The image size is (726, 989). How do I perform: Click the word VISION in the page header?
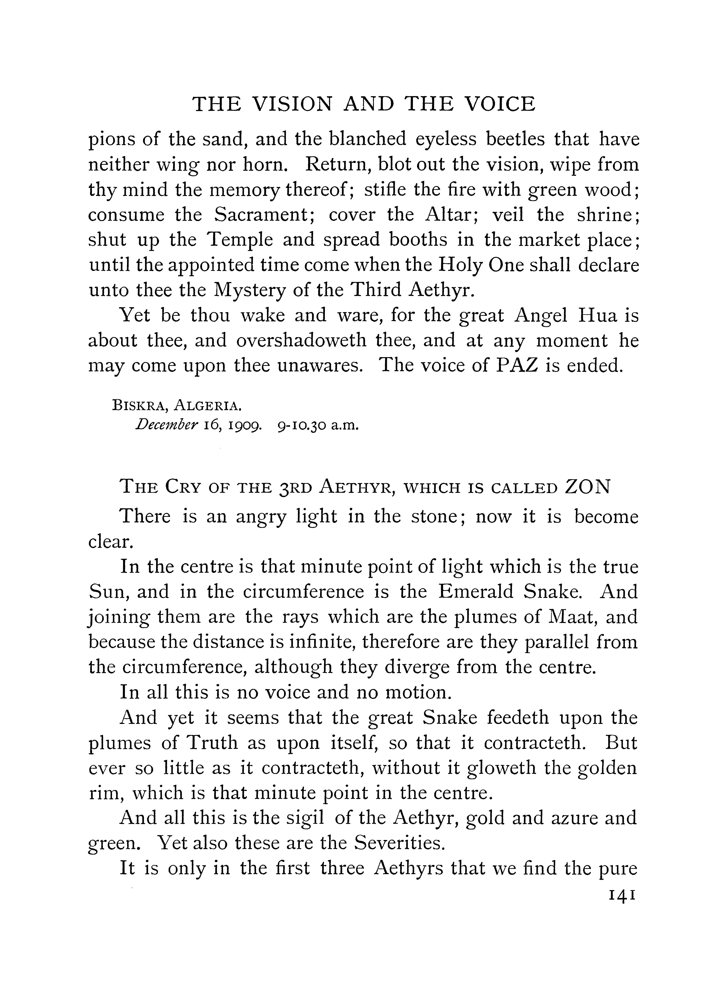click(293, 104)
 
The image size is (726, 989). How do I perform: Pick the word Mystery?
click(250, 290)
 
